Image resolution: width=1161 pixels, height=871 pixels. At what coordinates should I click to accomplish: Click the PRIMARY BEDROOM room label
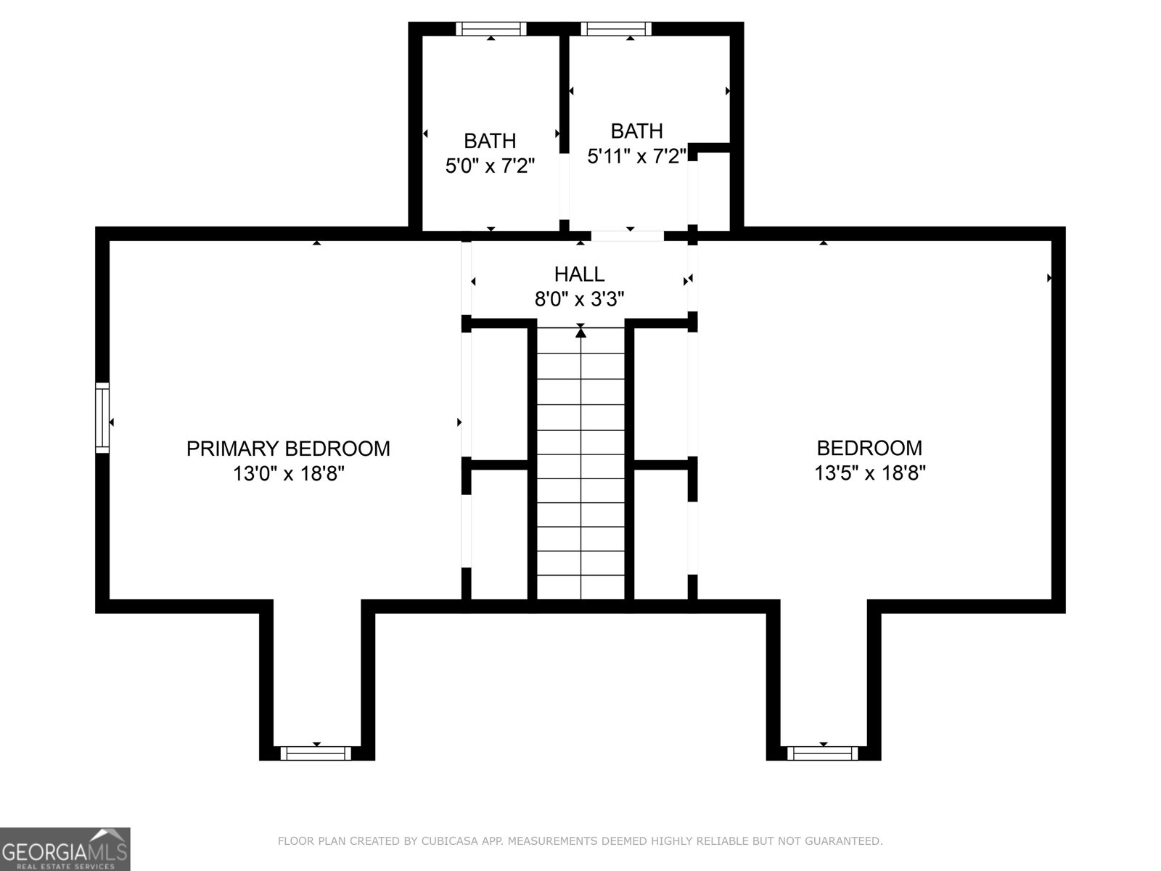[288, 449]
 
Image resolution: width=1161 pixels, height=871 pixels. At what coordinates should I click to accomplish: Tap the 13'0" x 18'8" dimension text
[288, 474]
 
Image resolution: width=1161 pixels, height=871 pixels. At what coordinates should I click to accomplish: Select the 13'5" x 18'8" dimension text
[869, 473]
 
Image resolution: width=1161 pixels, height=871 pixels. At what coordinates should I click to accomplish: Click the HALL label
[579, 274]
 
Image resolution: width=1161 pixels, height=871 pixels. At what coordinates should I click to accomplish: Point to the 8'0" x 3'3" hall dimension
[579, 299]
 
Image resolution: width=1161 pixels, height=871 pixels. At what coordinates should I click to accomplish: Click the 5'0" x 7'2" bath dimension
[490, 166]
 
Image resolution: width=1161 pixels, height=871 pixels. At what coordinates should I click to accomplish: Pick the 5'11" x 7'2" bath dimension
[636, 156]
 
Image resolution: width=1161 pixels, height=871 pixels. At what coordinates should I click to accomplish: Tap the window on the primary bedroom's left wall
[102, 418]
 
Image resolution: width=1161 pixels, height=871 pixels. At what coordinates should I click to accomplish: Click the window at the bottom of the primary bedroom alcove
[316, 753]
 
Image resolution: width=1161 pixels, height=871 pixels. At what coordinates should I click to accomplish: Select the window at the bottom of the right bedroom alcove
[823, 753]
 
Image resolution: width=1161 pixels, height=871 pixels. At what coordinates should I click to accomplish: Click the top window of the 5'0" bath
[491, 29]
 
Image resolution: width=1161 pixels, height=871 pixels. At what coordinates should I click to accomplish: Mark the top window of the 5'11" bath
[615, 29]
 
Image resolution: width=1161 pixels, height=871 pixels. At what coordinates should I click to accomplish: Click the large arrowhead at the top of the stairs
[580, 332]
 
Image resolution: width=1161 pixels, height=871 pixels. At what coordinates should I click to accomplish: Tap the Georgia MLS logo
[65, 848]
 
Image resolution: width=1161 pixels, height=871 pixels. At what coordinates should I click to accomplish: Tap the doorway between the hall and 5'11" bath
[627, 236]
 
